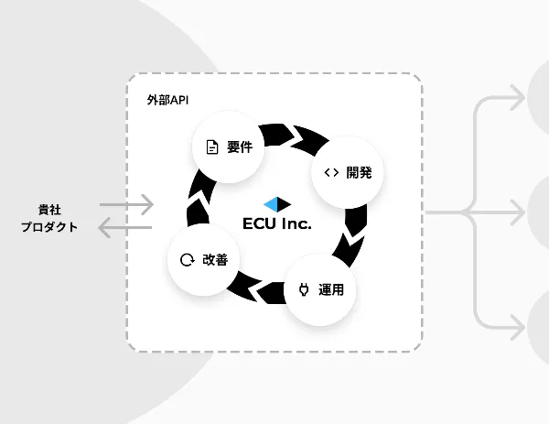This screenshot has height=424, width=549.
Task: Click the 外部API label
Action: (168, 98)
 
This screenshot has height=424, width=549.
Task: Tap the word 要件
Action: (240, 147)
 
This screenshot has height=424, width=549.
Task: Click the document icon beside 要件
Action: (212, 147)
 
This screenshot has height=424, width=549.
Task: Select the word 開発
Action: (358, 171)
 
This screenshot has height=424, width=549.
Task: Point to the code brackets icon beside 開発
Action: (331, 171)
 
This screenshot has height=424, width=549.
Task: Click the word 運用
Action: (331, 290)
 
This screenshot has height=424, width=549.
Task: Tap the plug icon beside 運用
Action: (304, 290)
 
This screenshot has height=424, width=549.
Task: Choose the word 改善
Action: (214, 259)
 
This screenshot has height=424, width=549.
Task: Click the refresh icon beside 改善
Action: (187, 260)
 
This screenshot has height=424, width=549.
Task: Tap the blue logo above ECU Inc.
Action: (275, 202)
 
